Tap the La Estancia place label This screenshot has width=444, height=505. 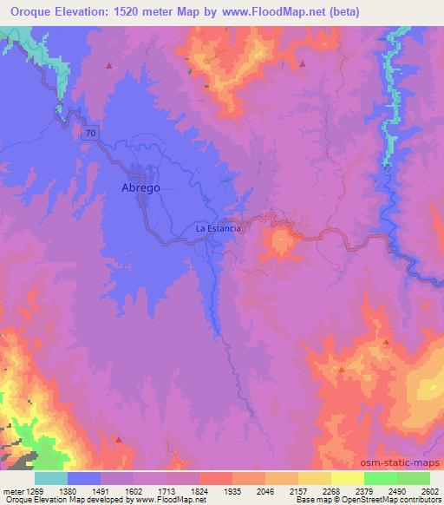click(217, 229)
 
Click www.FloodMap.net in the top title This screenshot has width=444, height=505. click(281, 12)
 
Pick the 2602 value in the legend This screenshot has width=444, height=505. click(431, 490)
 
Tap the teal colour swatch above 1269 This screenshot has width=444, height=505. click(51, 478)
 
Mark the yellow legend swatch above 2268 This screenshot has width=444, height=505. click(315, 478)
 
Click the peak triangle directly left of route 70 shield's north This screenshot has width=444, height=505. click(109, 65)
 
